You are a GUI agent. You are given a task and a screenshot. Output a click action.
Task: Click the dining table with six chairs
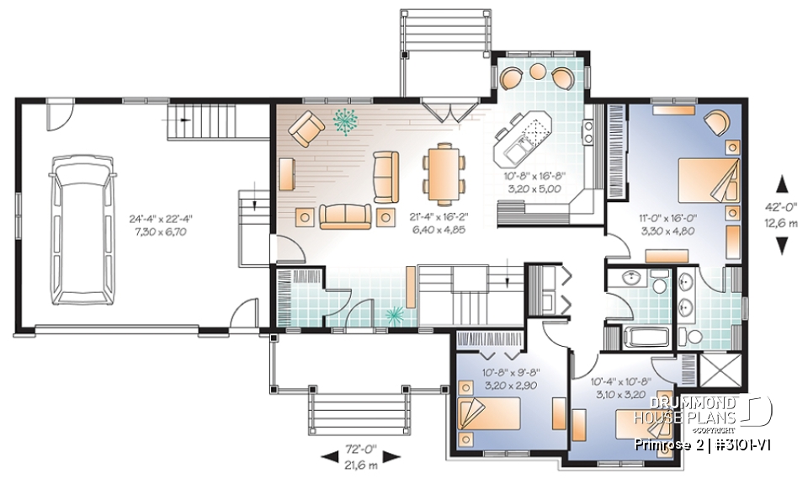pyautogui.click(x=441, y=172)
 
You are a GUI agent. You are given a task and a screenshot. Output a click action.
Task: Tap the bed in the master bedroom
pyautogui.click(x=708, y=178)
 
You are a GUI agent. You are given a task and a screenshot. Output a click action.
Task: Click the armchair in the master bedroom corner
pyautogui.click(x=718, y=123)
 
